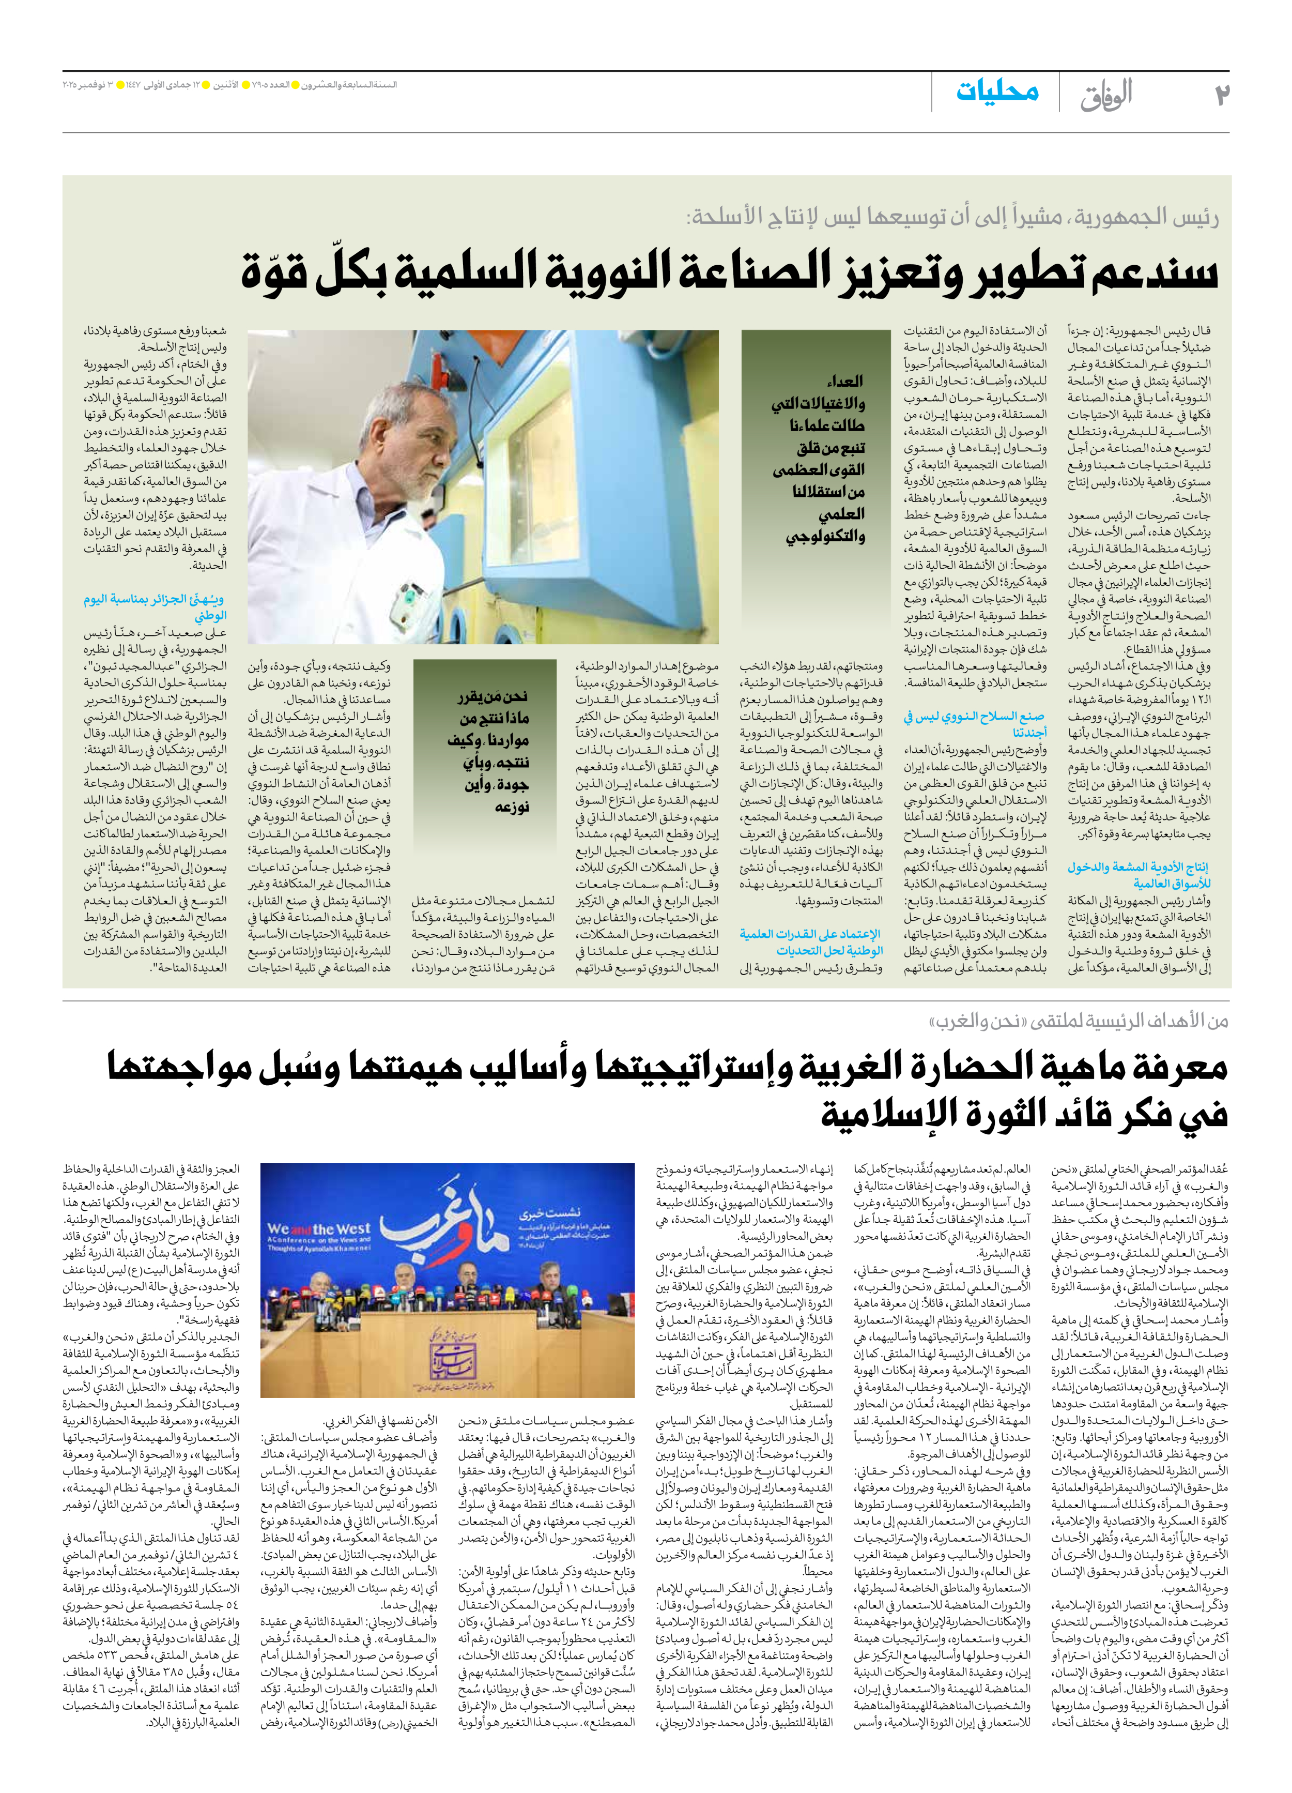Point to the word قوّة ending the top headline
click(x=273, y=273)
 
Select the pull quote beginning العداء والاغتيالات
click(x=819, y=459)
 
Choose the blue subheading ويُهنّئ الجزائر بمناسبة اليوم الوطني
click(x=156, y=606)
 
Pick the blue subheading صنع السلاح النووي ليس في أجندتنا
click(x=974, y=723)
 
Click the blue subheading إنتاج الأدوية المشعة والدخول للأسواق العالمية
click(x=1138, y=874)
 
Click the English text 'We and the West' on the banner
click(x=318, y=1229)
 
